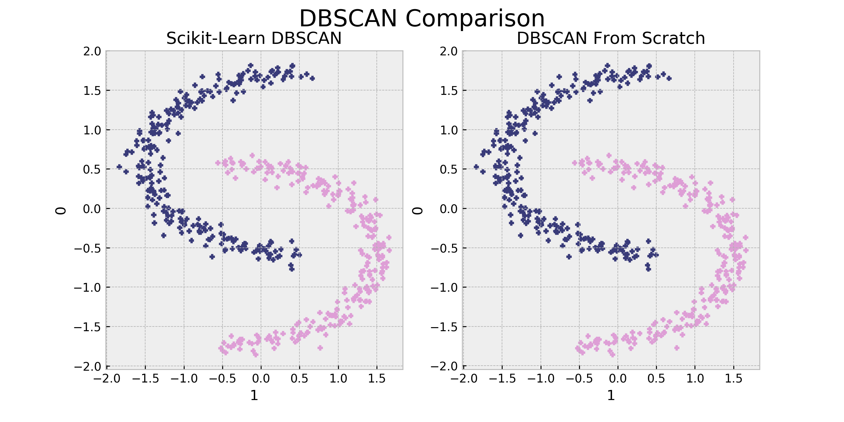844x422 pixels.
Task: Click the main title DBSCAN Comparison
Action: [422, 18]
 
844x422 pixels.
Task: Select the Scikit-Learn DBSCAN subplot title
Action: [254, 38]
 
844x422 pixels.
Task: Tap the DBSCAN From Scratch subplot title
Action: [611, 38]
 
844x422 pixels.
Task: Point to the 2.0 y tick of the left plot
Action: [92, 51]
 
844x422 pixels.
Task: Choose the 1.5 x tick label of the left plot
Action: [377, 379]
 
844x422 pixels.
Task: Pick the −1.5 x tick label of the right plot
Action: [502, 379]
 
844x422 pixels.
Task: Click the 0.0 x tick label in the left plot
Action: [261, 379]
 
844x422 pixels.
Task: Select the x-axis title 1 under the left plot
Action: [254, 395]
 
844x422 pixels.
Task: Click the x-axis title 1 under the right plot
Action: [611, 395]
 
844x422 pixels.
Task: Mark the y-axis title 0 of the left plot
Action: [61, 211]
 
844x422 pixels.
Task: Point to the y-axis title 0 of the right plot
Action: [418, 211]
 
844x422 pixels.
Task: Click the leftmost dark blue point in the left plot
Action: [119, 167]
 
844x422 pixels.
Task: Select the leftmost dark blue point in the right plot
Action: [476, 167]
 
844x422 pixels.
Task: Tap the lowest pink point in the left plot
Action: [256, 355]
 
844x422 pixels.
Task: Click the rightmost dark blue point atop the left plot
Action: [312, 78]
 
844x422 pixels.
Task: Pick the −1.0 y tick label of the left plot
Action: [87, 288]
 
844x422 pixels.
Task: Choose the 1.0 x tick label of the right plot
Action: [695, 379]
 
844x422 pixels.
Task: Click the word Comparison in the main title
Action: [475, 19]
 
